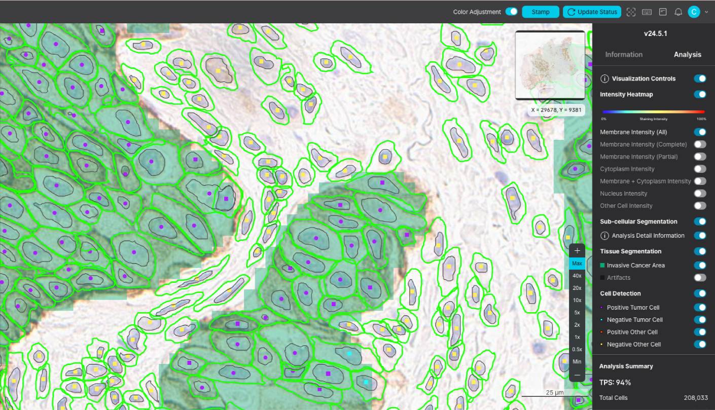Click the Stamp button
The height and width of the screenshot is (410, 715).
click(x=541, y=12)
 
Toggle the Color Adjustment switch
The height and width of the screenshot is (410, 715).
click(x=511, y=12)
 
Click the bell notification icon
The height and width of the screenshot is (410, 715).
click(x=678, y=12)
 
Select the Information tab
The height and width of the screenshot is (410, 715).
click(x=624, y=54)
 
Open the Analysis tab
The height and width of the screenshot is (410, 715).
click(x=687, y=54)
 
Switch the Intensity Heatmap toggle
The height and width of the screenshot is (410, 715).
click(x=700, y=94)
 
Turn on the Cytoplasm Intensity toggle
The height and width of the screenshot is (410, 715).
click(x=700, y=169)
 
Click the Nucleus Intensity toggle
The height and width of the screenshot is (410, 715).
click(x=700, y=194)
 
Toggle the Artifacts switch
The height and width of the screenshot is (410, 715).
click(x=700, y=277)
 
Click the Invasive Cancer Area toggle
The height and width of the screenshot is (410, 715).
click(x=700, y=265)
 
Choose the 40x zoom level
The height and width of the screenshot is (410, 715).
click(x=577, y=276)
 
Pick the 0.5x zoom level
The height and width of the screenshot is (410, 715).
click(x=577, y=349)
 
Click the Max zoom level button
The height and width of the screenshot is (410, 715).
click(x=577, y=264)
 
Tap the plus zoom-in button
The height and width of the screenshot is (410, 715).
click(x=577, y=250)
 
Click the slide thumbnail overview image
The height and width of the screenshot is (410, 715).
click(x=550, y=65)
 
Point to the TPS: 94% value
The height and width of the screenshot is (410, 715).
click(x=615, y=382)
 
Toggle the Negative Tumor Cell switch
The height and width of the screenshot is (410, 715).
click(x=700, y=320)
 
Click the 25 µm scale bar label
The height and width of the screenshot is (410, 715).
click(x=555, y=392)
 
